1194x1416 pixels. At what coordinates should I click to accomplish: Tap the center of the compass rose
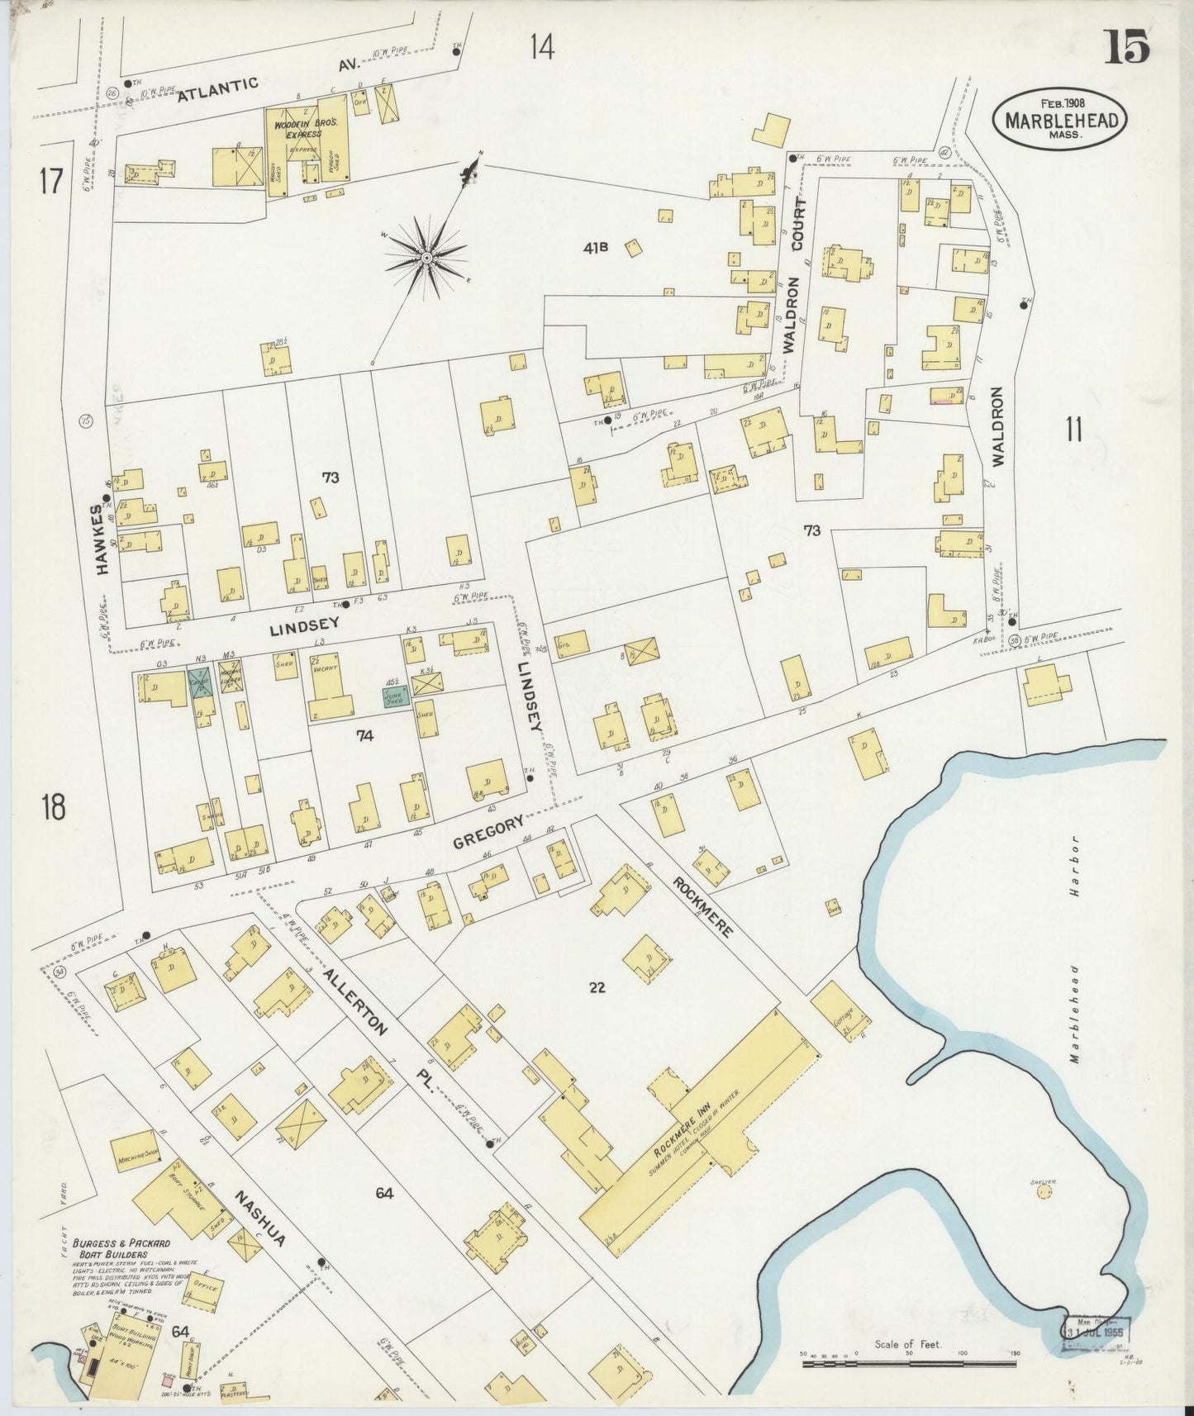[x=426, y=259]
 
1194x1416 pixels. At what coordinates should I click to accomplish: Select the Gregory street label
[x=488, y=833]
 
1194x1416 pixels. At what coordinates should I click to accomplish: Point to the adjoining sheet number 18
[x=54, y=807]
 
